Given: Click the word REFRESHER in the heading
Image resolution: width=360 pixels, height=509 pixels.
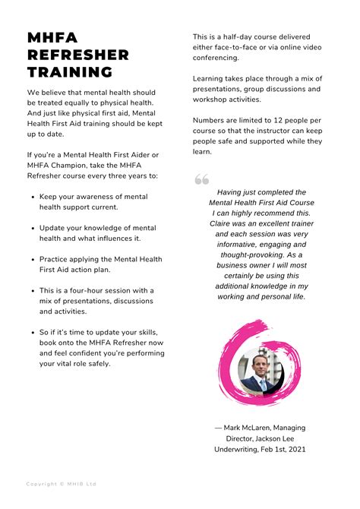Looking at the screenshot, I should point(78,55).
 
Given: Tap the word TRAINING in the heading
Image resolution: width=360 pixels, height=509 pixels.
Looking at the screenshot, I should point(70,73).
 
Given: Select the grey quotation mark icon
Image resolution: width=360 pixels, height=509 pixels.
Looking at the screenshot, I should point(201,179).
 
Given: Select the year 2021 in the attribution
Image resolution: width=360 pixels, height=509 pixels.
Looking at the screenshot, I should point(297,449).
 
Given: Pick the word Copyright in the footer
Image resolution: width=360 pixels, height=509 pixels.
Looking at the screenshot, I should point(43,484).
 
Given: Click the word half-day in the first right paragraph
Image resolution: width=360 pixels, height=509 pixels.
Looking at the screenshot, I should point(237,36).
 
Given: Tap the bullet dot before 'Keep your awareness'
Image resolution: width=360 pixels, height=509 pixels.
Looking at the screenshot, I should point(32,197).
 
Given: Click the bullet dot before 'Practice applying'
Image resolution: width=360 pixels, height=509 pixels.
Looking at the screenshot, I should point(32,259).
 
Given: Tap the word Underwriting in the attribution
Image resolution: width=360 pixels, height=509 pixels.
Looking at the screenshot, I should point(238,449).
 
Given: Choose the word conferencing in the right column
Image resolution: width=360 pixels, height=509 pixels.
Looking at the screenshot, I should point(216,58).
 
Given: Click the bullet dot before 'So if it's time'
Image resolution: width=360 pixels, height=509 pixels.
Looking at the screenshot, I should point(32,333).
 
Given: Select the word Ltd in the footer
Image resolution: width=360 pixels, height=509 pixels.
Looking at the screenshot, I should point(90,484).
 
